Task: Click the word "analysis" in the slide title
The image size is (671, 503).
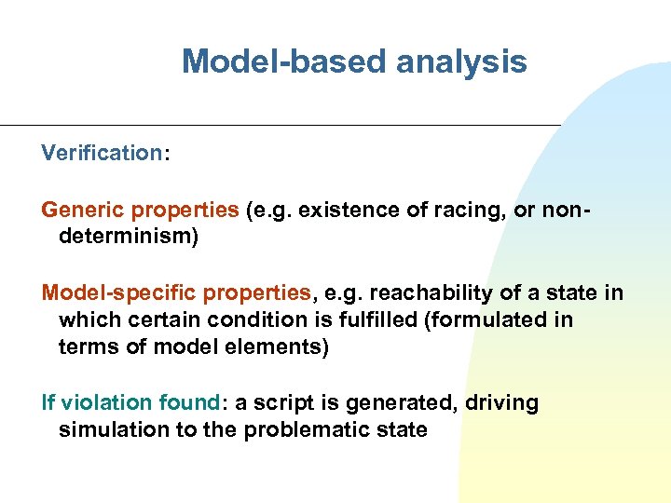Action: [461, 62]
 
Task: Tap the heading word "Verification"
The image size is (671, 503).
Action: [102, 153]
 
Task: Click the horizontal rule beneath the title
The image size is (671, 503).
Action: [280, 126]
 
